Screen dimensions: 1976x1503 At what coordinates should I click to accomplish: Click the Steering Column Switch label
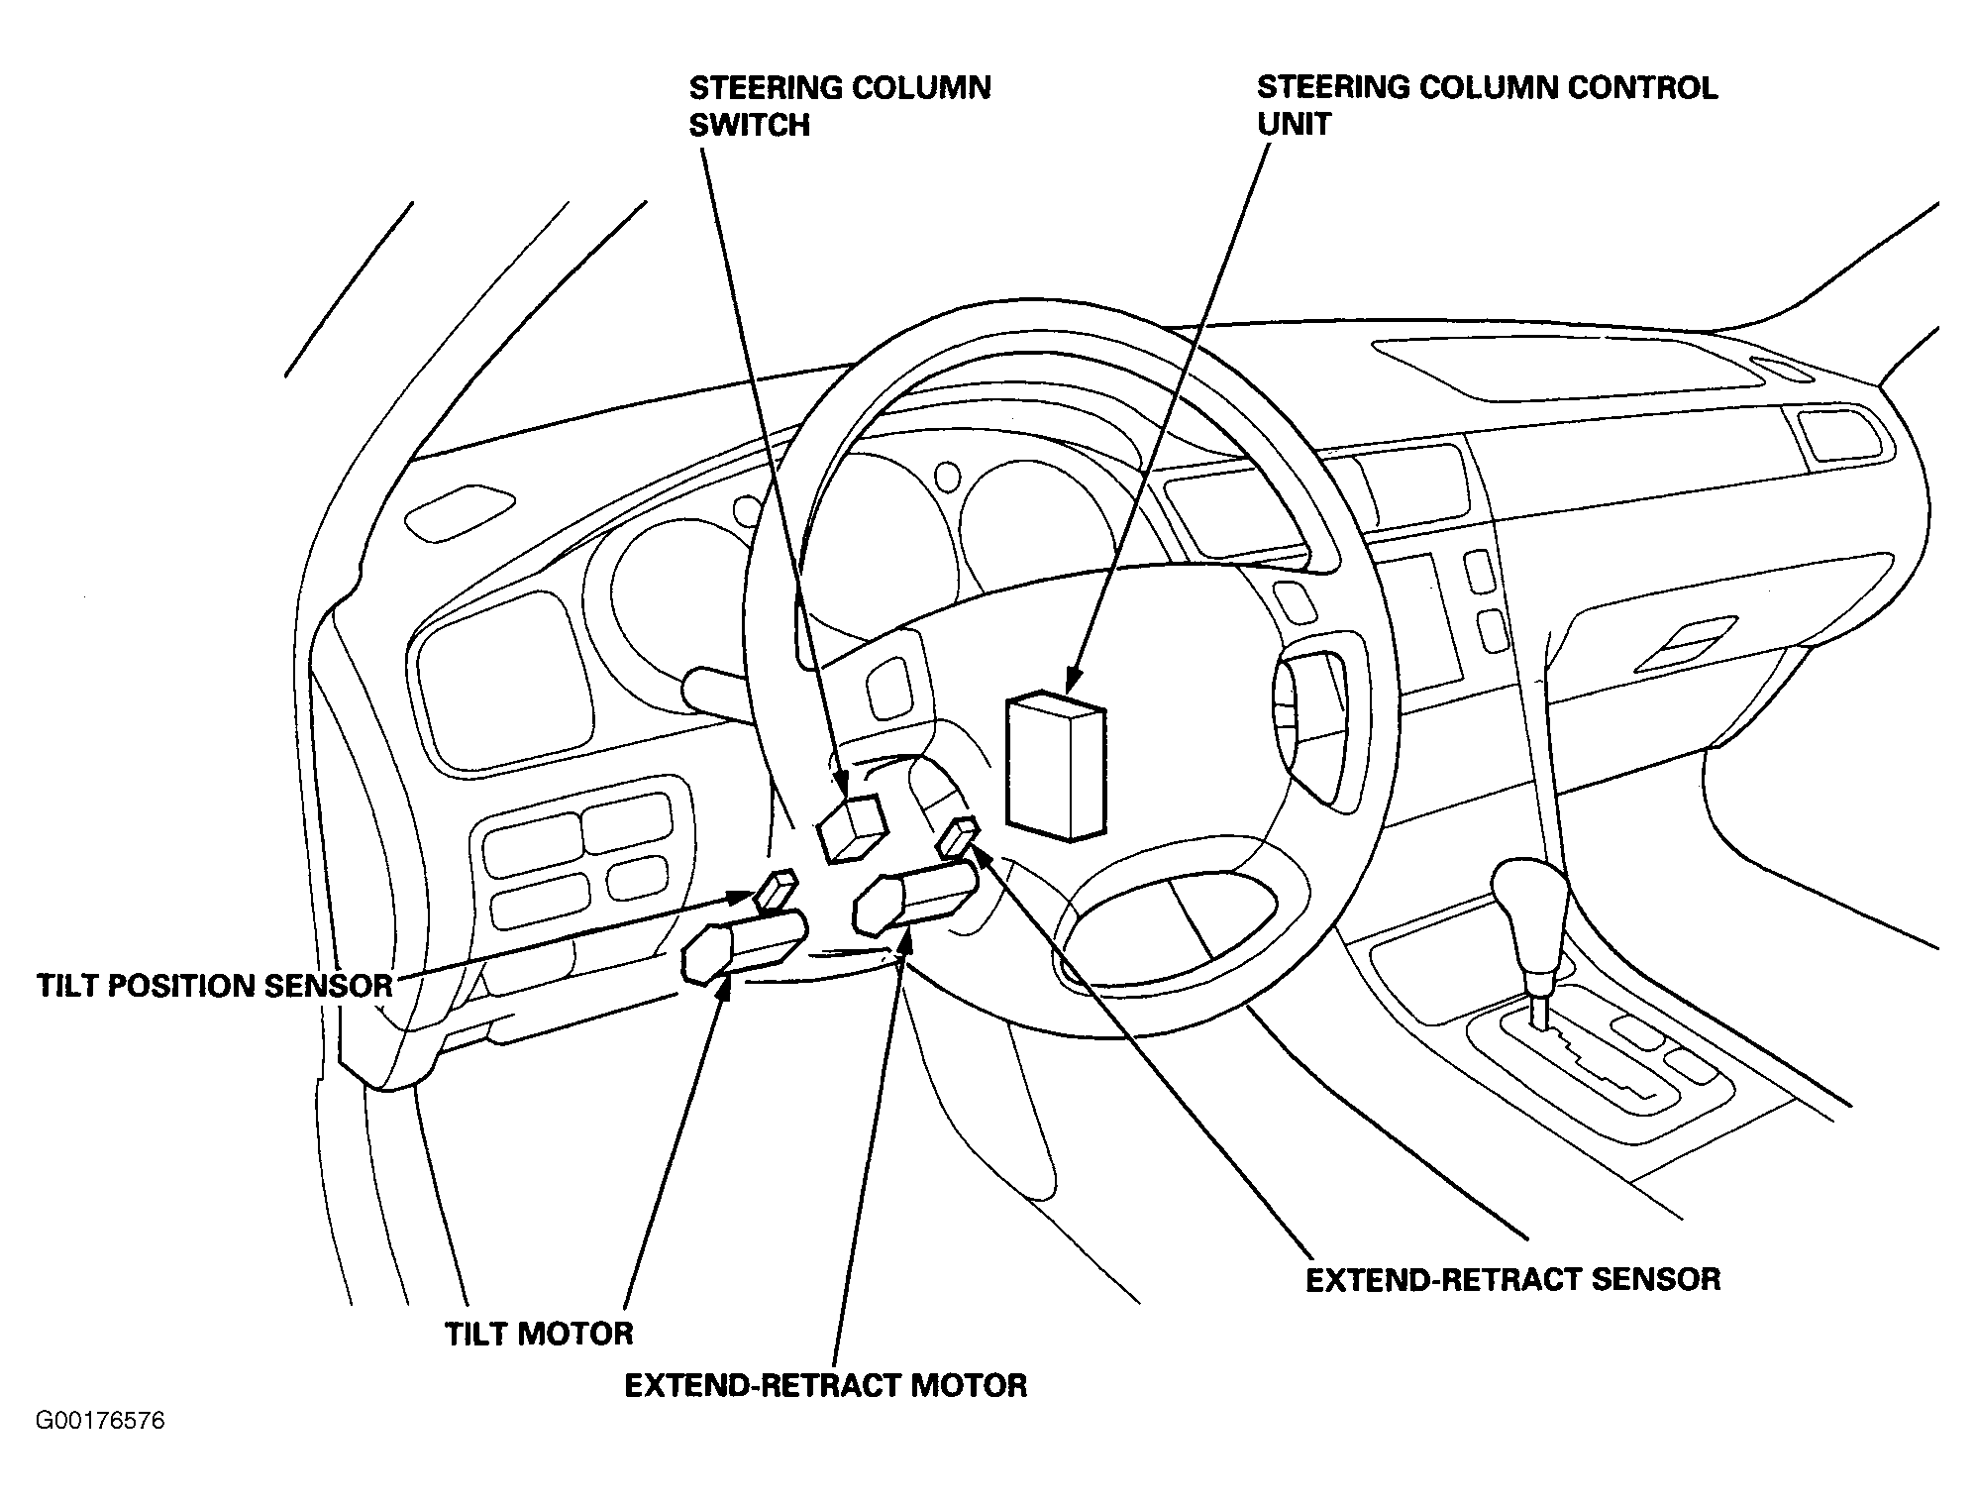pos(840,106)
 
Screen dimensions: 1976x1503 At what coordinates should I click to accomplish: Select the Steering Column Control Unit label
pos(1487,105)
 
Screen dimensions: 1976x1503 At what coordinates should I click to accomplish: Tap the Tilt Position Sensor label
pos(215,986)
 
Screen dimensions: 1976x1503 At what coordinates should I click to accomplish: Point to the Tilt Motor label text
pos(539,1334)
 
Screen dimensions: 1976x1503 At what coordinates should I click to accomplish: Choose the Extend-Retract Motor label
pos(825,1384)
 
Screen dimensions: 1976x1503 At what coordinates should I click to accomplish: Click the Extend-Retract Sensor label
pos(1512,1279)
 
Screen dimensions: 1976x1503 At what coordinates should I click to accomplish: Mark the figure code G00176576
pos(100,1422)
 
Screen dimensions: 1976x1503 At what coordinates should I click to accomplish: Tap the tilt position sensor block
pos(776,890)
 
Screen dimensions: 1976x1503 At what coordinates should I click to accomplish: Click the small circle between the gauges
pos(948,475)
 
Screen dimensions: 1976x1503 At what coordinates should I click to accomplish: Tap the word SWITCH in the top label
pos(750,125)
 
